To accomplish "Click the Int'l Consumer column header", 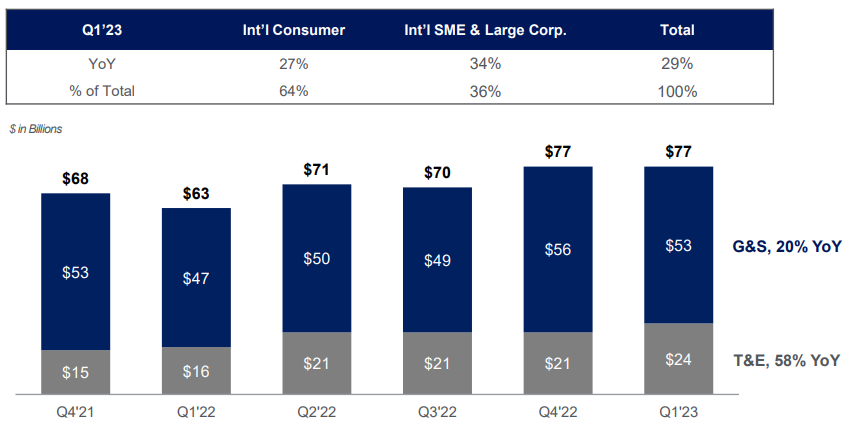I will click(x=294, y=30).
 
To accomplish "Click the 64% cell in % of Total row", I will click(x=294, y=91).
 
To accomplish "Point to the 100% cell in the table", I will click(x=677, y=91).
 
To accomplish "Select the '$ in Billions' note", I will click(x=36, y=128).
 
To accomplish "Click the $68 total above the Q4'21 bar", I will click(x=75, y=179).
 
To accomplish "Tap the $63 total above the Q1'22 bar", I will click(x=196, y=194).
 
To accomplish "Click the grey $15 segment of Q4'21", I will click(x=75, y=372).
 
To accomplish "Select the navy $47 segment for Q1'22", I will click(x=196, y=278).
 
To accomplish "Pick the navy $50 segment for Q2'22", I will click(x=317, y=258).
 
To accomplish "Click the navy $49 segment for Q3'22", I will click(x=437, y=260).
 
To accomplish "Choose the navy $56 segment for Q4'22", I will click(x=558, y=249).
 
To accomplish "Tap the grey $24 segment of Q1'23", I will click(x=679, y=359).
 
